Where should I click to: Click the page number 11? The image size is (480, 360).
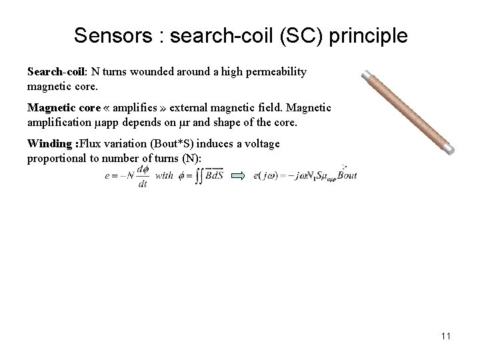point(445,336)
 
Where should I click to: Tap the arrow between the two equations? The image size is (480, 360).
point(237,176)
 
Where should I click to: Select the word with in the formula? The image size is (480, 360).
point(164,177)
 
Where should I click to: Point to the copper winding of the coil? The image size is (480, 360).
point(408,113)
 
